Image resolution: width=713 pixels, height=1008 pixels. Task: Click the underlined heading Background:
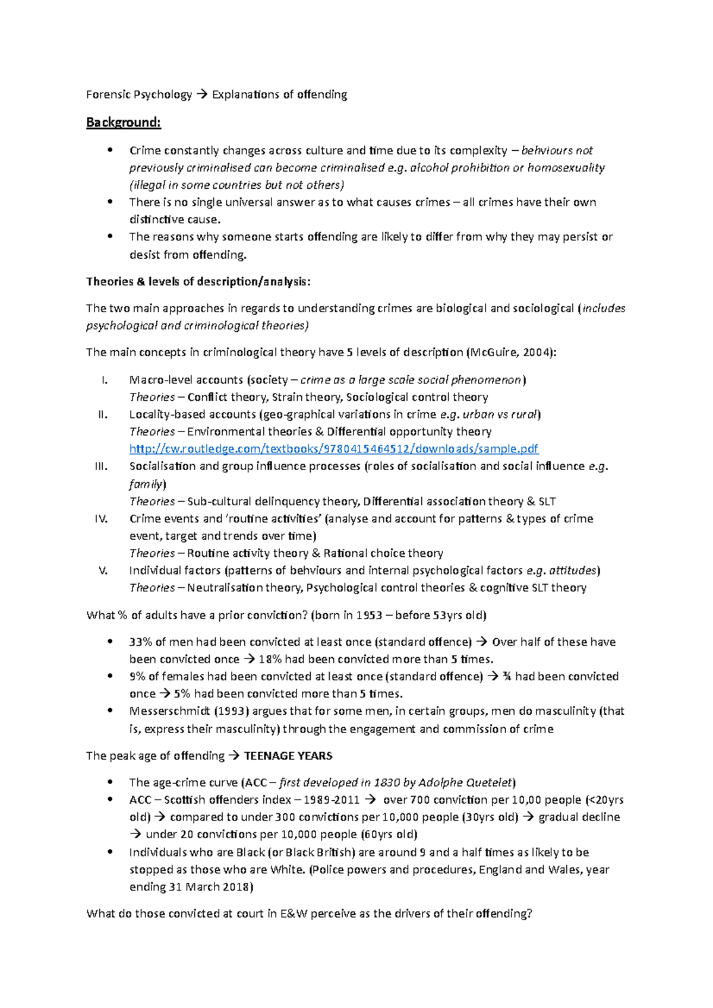[123, 123]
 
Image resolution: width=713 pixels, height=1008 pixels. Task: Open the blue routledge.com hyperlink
[333, 449]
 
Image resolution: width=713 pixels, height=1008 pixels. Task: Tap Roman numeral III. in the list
[101, 467]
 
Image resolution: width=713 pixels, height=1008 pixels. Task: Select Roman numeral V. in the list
[103, 570]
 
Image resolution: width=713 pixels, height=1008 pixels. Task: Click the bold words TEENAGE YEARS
[288, 756]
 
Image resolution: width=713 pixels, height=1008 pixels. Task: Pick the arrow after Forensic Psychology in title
[201, 95]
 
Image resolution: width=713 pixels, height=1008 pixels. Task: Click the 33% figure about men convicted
[140, 642]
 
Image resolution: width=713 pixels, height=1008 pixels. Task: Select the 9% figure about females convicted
[137, 677]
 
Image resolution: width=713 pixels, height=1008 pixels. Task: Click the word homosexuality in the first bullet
[566, 168]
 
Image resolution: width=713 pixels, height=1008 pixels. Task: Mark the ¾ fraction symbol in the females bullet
[507, 677]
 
